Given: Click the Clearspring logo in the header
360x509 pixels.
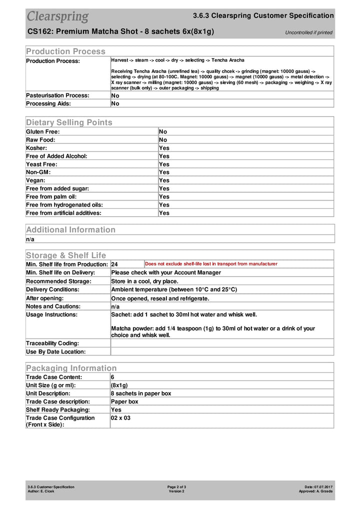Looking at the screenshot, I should [x=57, y=16].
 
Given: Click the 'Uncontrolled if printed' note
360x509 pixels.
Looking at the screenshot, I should [x=308, y=32].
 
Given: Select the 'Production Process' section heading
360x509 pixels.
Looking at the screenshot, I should [x=65, y=51].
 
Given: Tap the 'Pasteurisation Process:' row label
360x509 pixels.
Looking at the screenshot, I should [x=57, y=95].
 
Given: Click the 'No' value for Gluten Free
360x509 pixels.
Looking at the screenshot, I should [x=163, y=131].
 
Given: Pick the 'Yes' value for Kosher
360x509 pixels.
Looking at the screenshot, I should [x=164, y=148].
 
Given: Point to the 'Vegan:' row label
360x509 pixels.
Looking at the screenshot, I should [x=35, y=180].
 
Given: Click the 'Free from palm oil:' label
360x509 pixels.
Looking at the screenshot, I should [x=51, y=196].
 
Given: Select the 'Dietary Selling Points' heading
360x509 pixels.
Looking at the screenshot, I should [x=69, y=122].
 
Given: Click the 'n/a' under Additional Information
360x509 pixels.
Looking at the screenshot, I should [x=30, y=239].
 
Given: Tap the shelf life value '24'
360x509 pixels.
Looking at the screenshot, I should [x=114, y=264].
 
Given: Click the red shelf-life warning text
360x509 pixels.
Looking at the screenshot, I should [x=211, y=263].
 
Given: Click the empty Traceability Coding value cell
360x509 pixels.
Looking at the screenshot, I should [x=221, y=343].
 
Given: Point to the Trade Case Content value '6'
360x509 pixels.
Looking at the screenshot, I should [x=112, y=377].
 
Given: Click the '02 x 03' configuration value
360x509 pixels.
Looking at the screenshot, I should [x=120, y=418].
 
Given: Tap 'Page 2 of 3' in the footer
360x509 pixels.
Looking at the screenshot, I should [x=176, y=486].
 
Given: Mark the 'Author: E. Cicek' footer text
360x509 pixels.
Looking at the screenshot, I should [x=41, y=491].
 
